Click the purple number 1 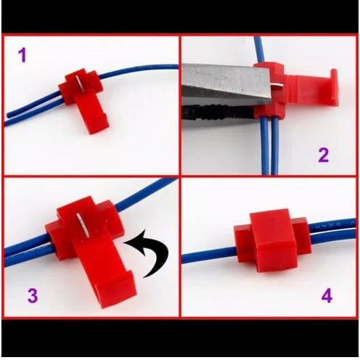pyautogui.click(x=22, y=54)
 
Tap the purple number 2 pyautogui.click(x=323, y=154)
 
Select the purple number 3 pyautogui.click(x=32, y=295)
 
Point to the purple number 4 pyautogui.click(x=326, y=295)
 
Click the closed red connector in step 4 pyautogui.click(x=270, y=240)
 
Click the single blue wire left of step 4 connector pyautogui.click(x=207, y=255)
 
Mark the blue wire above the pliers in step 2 pyautogui.click(x=258, y=50)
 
